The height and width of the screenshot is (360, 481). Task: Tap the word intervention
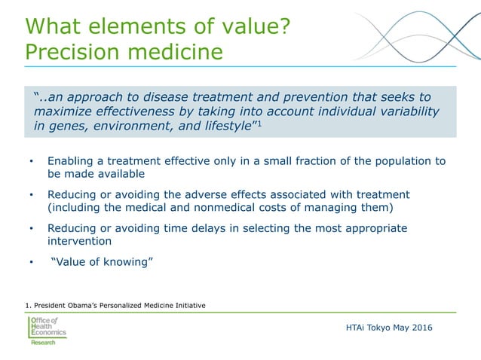79,241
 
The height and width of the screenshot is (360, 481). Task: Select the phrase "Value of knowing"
102,261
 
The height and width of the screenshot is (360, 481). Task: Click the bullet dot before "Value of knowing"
31,262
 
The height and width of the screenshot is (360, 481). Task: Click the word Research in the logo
43,343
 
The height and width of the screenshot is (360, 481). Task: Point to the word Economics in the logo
48,332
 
